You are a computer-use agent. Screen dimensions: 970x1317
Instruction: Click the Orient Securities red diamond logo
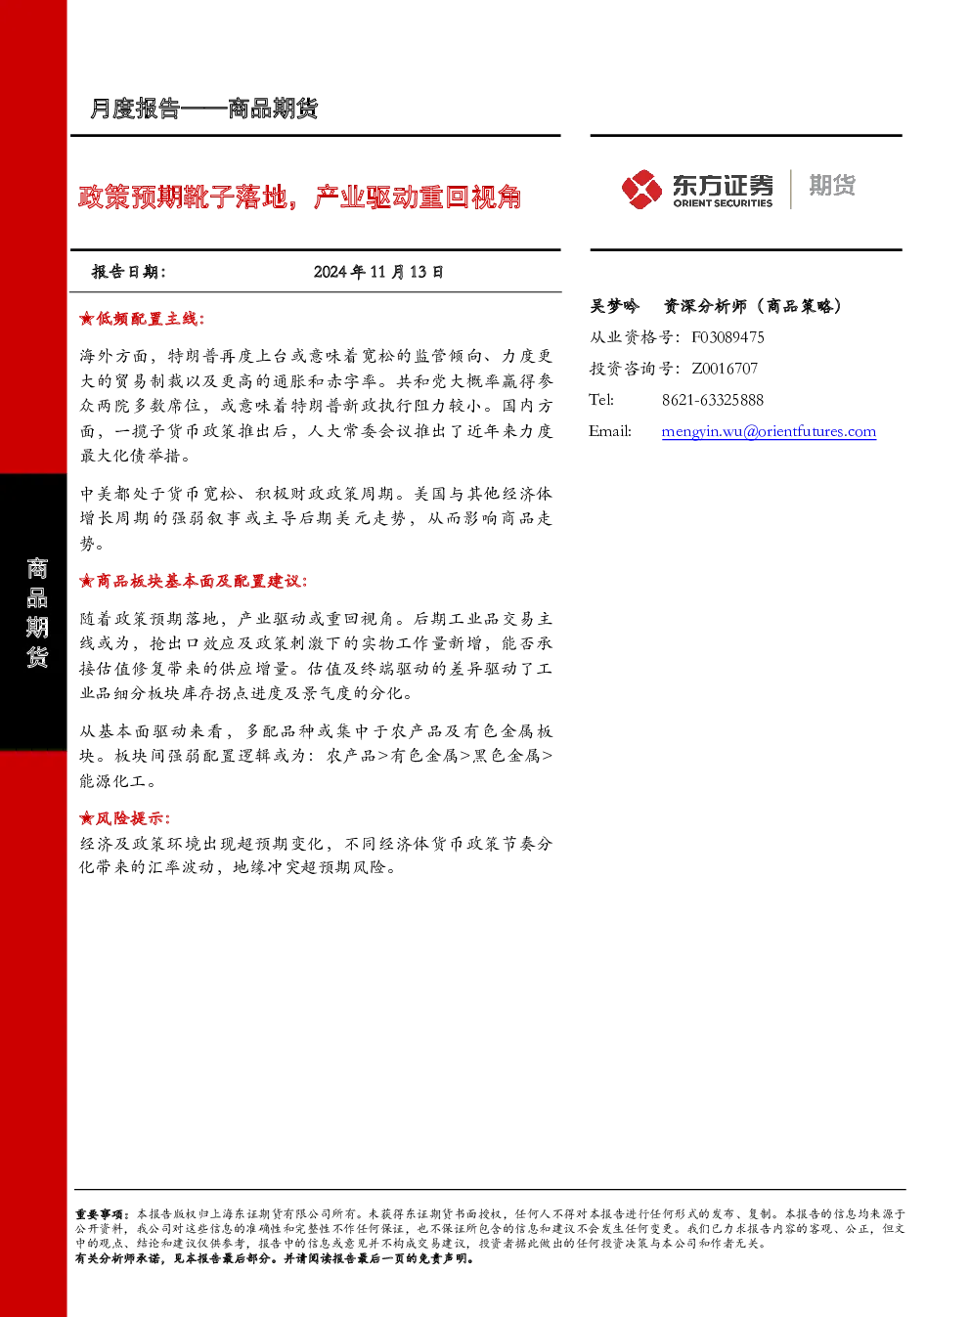coord(641,189)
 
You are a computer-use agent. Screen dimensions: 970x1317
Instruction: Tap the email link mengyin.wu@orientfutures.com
coord(769,431)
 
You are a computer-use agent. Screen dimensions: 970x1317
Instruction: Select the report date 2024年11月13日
coord(378,272)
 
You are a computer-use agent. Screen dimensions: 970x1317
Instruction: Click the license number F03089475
coord(727,337)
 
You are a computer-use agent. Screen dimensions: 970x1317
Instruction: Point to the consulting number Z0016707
coord(725,368)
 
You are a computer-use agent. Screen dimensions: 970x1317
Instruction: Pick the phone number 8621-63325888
coord(713,400)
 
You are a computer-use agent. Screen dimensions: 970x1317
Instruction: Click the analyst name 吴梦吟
coord(614,306)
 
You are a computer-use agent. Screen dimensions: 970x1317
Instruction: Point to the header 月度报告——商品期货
coord(203,109)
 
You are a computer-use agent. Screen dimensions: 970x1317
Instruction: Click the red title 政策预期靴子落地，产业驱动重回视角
coord(300,197)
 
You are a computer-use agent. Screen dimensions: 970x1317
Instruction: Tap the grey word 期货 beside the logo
coord(832,185)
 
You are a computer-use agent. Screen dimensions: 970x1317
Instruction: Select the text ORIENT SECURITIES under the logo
coord(723,202)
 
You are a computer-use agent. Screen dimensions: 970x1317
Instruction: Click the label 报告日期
coord(129,272)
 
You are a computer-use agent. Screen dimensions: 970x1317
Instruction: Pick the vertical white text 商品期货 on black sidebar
coord(37,613)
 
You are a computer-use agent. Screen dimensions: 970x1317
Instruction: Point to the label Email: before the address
coord(609,431)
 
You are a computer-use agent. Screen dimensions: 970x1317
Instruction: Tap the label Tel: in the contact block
coord(600,400)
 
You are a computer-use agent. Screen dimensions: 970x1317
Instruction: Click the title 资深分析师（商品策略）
coord(753,306)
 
